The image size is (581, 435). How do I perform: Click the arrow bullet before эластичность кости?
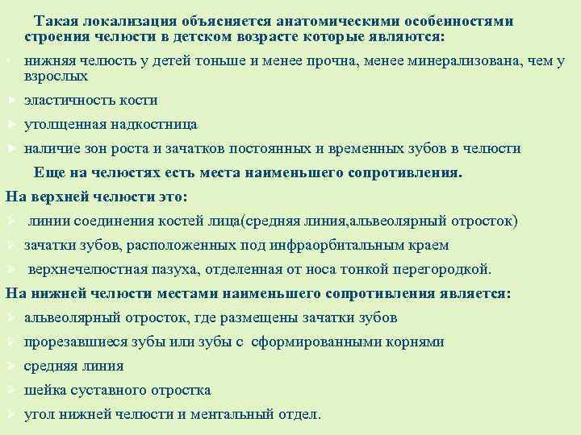[x=10, y=101]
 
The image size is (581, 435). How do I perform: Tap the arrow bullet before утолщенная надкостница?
[x=10, y=125]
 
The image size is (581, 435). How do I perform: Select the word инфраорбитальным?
[x=326, y=245]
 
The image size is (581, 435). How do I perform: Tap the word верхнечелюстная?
[x=88, y=269]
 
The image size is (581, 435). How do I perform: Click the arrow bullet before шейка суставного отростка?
[x=10, y=390]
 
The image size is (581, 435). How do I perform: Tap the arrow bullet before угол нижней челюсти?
[x=10, y=414]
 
